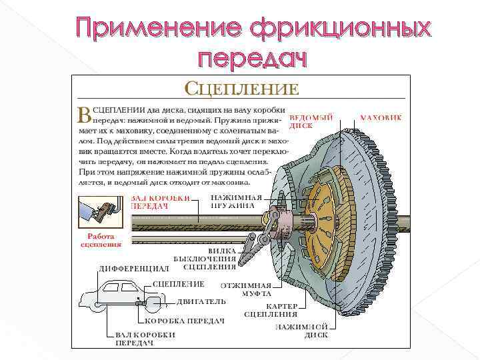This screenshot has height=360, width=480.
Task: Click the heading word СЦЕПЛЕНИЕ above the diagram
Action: tap(241, 89)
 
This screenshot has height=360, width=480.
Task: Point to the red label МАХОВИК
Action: tap(381, 118)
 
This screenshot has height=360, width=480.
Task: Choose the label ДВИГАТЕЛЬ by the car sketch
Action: tap(201, 301)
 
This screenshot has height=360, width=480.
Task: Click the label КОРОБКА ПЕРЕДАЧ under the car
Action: tap(184, 321)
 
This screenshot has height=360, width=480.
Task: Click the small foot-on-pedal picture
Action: tap(100, 212)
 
